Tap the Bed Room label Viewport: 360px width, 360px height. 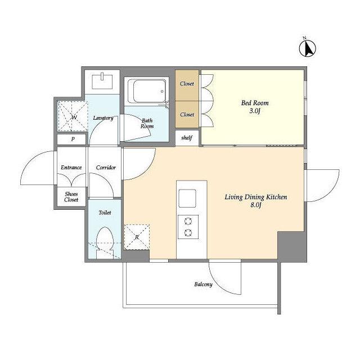click(x=255, y=103)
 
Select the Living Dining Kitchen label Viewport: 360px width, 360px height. click(x=256, y=197)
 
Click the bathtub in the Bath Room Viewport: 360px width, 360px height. click(x=147, y=91)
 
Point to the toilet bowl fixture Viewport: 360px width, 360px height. click(x=105, y=242)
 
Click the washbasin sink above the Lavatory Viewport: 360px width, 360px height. click(x=102, y=81)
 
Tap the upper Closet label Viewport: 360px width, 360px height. click(x=187, y=84)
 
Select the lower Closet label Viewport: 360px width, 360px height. click(x=187, y=114)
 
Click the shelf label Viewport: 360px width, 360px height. click(x=187, y=138)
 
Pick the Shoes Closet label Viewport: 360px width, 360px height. click(x=71, y=197)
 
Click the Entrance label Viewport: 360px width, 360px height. click(x=71, y=168)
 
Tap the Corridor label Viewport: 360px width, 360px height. click(x=106, y=168)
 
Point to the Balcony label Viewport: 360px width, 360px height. click(x=203, y=285)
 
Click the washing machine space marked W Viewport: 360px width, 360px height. click(x=73, y=116)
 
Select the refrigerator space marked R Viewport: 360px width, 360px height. click(x=137, y=237)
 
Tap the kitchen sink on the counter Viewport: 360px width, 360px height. click(x=187, y=199)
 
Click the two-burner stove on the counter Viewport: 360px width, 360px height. click(x=188, y=227)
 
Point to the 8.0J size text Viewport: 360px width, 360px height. click(x=256, y=205)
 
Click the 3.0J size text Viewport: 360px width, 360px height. click(x=255, y=111)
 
